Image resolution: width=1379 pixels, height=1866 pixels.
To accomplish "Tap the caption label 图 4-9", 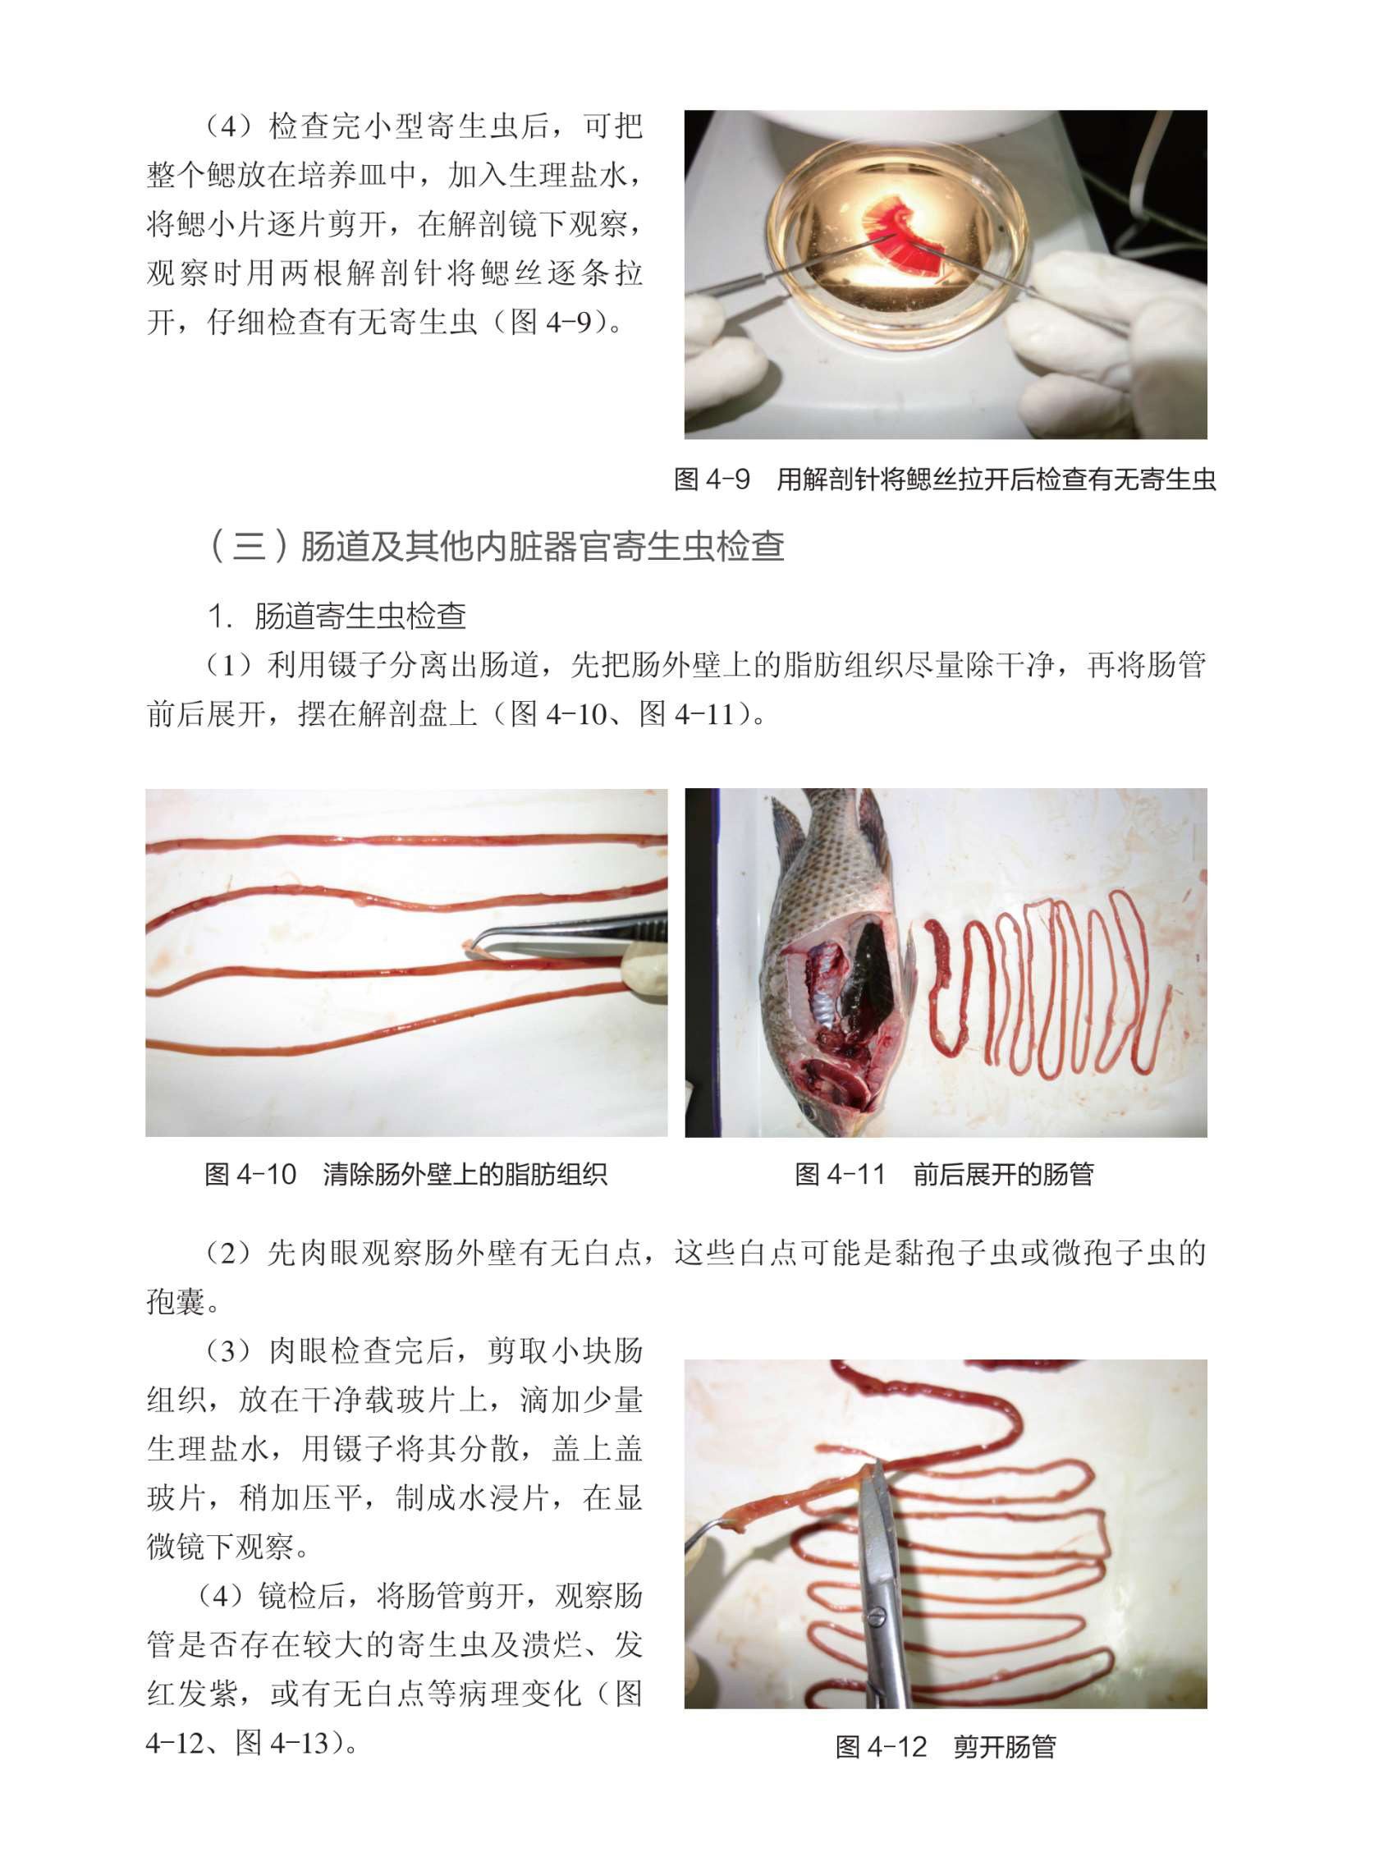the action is point(712,479).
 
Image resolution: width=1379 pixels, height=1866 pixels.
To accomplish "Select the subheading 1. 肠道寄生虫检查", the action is point(337,617).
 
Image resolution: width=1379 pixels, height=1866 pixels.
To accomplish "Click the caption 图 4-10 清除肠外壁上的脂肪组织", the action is point(405,1174).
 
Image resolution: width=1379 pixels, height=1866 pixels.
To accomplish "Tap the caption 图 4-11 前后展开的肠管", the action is point(944,1174).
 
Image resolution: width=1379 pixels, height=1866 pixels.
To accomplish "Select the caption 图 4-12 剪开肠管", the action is point(946,1747).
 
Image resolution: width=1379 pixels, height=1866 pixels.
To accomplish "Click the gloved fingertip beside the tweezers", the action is point(646,973).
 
